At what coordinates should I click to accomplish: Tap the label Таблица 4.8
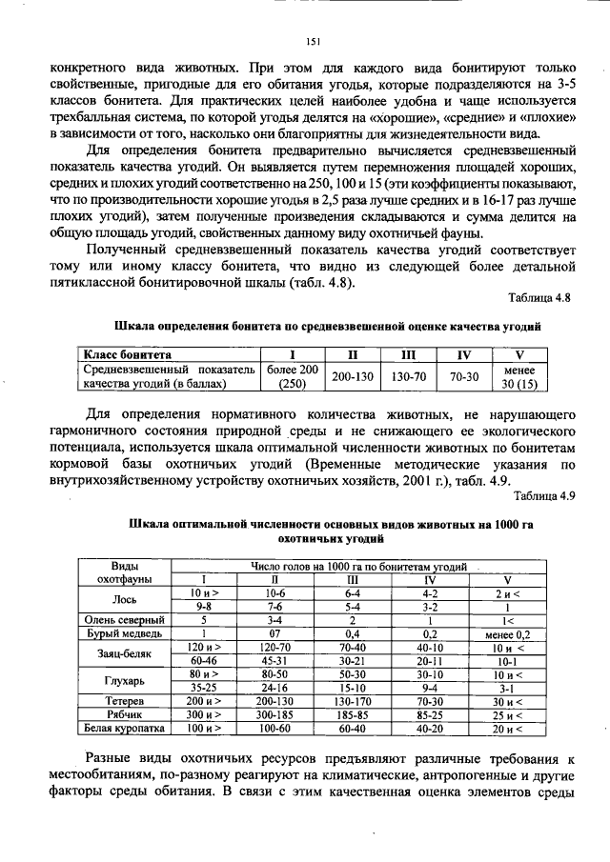click(539, 298)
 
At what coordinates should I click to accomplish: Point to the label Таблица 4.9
click(539, 494)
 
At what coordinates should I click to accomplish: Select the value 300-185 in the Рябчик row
click(274, 714)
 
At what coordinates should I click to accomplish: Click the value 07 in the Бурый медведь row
click(274, 632)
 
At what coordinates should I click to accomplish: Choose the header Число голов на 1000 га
click(358, 566)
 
